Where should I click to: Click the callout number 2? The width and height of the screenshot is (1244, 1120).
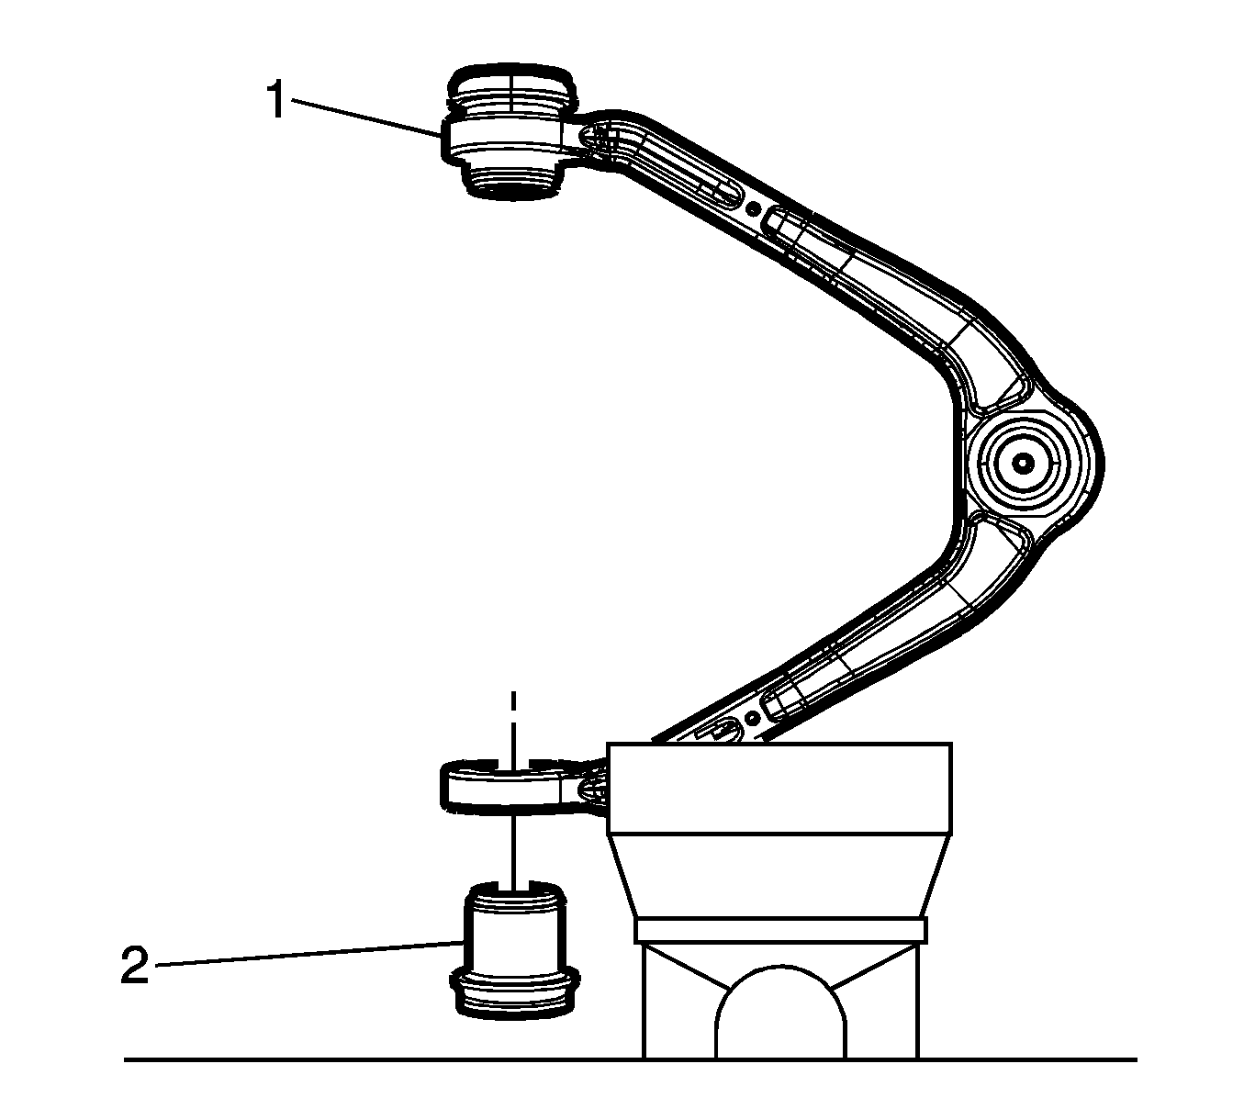point(135,966)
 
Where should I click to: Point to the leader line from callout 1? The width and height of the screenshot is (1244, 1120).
point(366,117)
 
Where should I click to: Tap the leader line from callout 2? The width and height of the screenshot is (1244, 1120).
point(308,954)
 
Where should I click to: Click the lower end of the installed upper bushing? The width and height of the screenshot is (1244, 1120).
point(513,180)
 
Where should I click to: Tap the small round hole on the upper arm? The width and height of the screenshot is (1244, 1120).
point(753,209)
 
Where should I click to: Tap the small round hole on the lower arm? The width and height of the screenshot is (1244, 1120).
point(752,718)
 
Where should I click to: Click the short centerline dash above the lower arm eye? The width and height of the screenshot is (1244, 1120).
point(512,703)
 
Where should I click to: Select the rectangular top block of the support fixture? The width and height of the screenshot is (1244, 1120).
point(779,789)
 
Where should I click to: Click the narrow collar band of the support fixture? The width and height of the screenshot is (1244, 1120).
point(780,930)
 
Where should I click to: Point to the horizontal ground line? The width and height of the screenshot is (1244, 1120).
point(630,1059)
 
